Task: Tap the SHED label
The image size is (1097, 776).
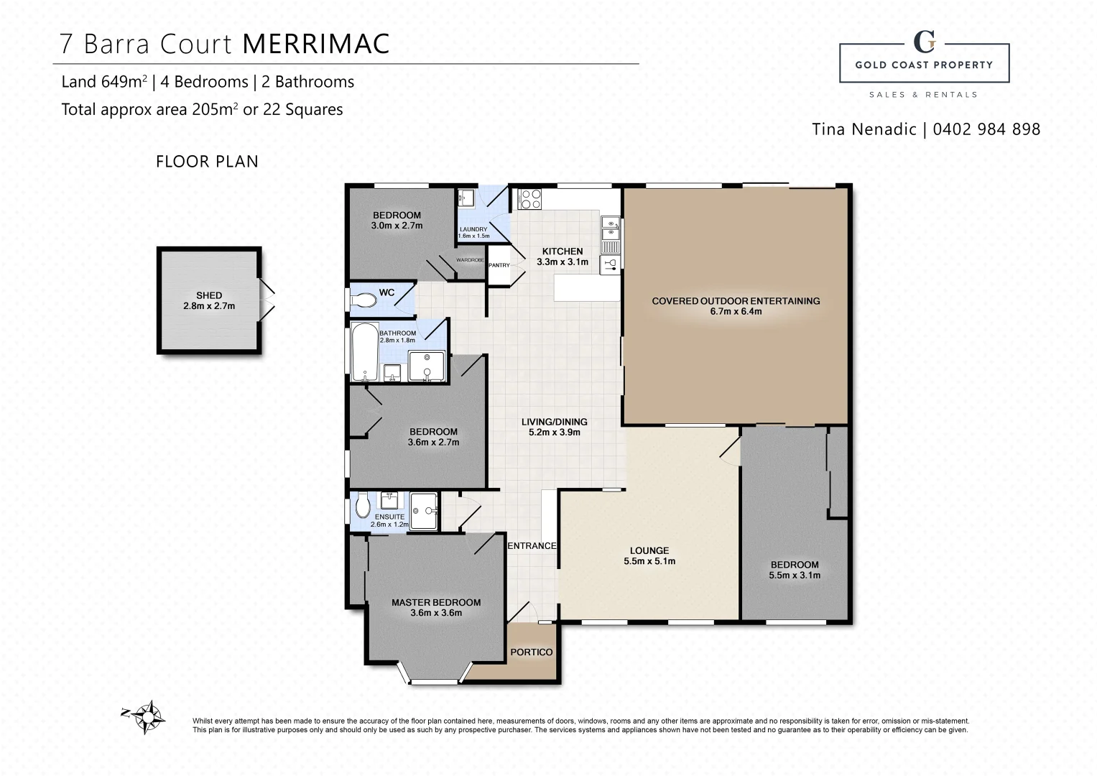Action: (x=209, y=295)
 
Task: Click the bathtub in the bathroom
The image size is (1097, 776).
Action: (x=365, y=352)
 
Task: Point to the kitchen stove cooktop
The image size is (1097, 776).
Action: (x=530, y=199)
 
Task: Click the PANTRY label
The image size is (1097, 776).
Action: (x=499, y=265)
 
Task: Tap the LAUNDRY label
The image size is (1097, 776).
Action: (x=473, y=229)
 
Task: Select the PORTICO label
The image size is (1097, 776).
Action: (x=531, y=652)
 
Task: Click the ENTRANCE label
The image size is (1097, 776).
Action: (x=532, y=546)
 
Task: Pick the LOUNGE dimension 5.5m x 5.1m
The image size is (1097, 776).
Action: (x=649, y=561)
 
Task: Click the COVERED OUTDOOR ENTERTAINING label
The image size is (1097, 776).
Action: (x=736, y=301)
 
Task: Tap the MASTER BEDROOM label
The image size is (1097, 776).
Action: (x=436, y=603)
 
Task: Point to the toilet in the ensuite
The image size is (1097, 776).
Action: (x=363, y=505)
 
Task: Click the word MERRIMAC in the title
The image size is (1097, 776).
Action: (x=315, y=44)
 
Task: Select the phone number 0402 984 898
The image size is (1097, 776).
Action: (x=986, y=129)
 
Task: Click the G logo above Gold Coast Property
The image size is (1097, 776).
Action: (x=924, y=42)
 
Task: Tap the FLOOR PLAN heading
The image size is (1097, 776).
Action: (x=207, y=162)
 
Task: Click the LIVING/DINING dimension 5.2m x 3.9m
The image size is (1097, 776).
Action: (x=554, y=433)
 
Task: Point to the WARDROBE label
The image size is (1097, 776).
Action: (x=471, y=260)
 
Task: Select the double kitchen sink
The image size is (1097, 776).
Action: (x=610, y=228)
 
